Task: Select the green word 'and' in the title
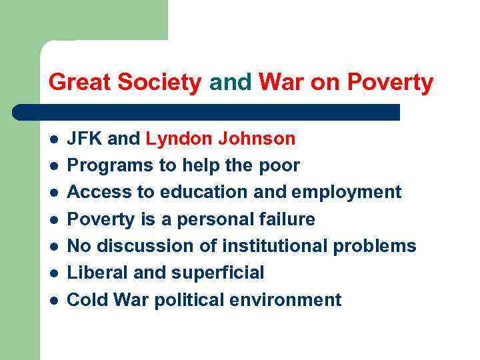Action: click(x=231, y=83)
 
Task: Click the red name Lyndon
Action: click(x=174, y=139)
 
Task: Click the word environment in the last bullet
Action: click(x=285, y=300)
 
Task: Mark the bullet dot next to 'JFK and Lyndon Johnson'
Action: click(x=53, y=139)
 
